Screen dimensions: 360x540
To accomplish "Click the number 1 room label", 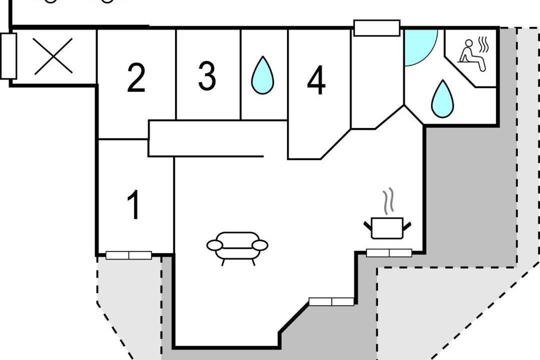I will pos(133,205).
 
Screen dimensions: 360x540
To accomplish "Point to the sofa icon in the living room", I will pos(237,246).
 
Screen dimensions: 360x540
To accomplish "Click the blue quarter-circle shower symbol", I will pos(419,46).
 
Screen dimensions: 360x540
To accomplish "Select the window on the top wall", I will pos(377,28).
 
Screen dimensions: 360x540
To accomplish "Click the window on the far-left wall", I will pos(8,56).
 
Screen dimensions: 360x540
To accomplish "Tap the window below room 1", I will pos(128,255).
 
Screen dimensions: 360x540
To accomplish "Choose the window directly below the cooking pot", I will pos(389,253).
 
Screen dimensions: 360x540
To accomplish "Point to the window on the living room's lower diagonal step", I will pos(331,301).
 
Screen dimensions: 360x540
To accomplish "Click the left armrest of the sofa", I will pos(214,245).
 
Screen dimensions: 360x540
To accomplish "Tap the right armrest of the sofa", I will pos(260,245).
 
